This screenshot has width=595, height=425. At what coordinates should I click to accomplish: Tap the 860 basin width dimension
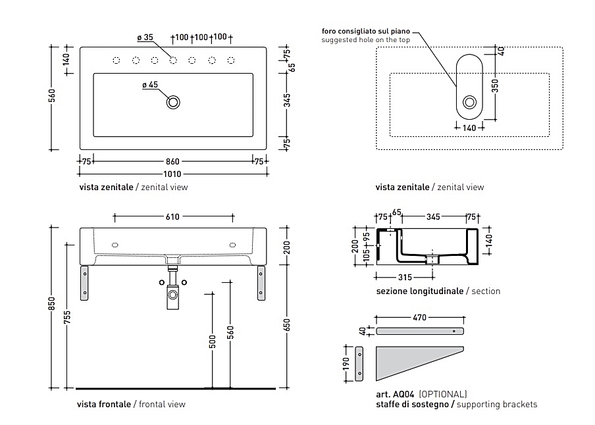[x=172, y=161]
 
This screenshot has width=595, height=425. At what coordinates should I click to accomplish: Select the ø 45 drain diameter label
[x=150, y=85]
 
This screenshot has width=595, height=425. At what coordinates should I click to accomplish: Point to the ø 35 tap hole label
[x=145, y=37]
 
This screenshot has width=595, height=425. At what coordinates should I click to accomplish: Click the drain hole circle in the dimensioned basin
[x=174, y=102]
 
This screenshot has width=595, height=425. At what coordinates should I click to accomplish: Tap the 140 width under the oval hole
[x=469, y=128]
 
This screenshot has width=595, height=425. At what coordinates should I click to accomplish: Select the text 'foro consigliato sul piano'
[x=366, y=31]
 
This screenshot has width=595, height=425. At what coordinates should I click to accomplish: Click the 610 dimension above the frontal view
[x=172, y=216]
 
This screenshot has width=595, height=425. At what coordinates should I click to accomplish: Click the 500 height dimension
[x=212, y=341]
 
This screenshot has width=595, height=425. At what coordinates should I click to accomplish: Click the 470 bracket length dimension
[x=419, y=318]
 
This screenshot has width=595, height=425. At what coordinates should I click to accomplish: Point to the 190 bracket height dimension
[x=346, y=364]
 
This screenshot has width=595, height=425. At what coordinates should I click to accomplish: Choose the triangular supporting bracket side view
[x=411, y=361]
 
